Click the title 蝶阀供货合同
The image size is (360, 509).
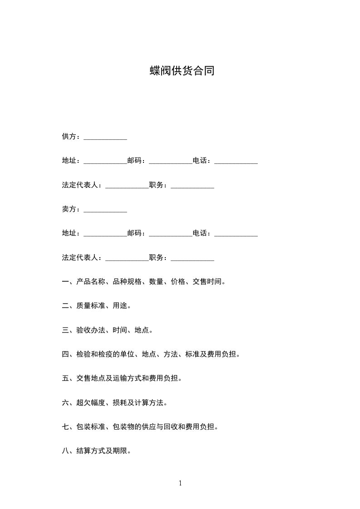[x=182, y=71]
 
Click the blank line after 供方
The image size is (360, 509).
[x=105, y=138]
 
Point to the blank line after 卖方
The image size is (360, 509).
[x=105, y=211]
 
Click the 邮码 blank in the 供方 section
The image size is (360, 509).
[x=171, y=162]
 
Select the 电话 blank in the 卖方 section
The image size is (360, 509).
[x=236, y=235]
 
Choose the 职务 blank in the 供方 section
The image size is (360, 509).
[x=192, y=186]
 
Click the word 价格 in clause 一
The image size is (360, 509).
[x=178, y=282]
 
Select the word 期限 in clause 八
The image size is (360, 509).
[x=120, y=451]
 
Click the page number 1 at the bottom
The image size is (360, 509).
[x=180, y=484]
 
